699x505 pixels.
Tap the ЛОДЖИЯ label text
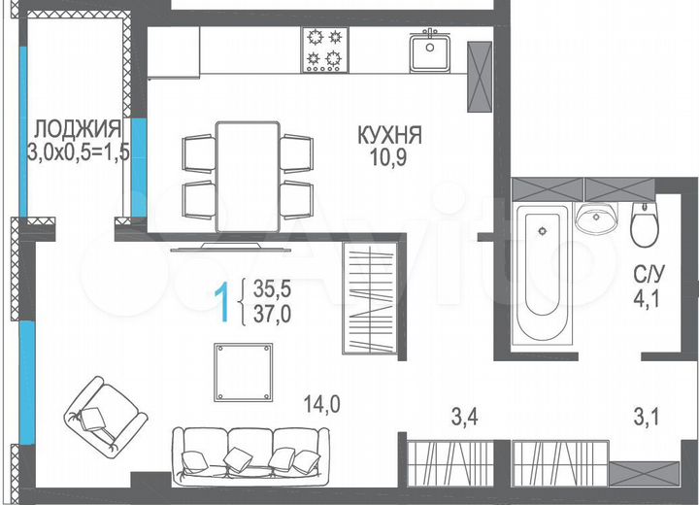(78, 128)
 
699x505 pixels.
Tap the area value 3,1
(649, 419)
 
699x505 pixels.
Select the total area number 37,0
(273, 313)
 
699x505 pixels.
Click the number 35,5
(273, 288)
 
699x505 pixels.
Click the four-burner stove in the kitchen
(325, 50)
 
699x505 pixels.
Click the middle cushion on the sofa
(238, 457)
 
